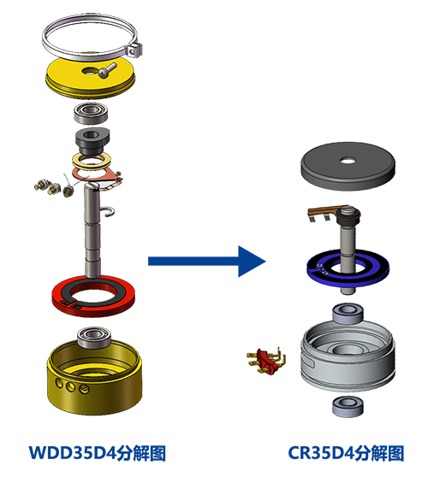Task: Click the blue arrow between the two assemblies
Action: (x=206, y=262)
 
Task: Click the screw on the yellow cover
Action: (x=107, y=69)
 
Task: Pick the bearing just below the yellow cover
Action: (x=91, y=113)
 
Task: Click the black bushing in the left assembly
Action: (x=92, y=142)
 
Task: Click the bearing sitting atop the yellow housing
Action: (x=94, y=337)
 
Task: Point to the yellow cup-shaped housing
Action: (x=95, y=392)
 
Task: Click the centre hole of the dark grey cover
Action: (x=348, y=161)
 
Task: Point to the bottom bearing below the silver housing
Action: (x=348, y=406)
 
